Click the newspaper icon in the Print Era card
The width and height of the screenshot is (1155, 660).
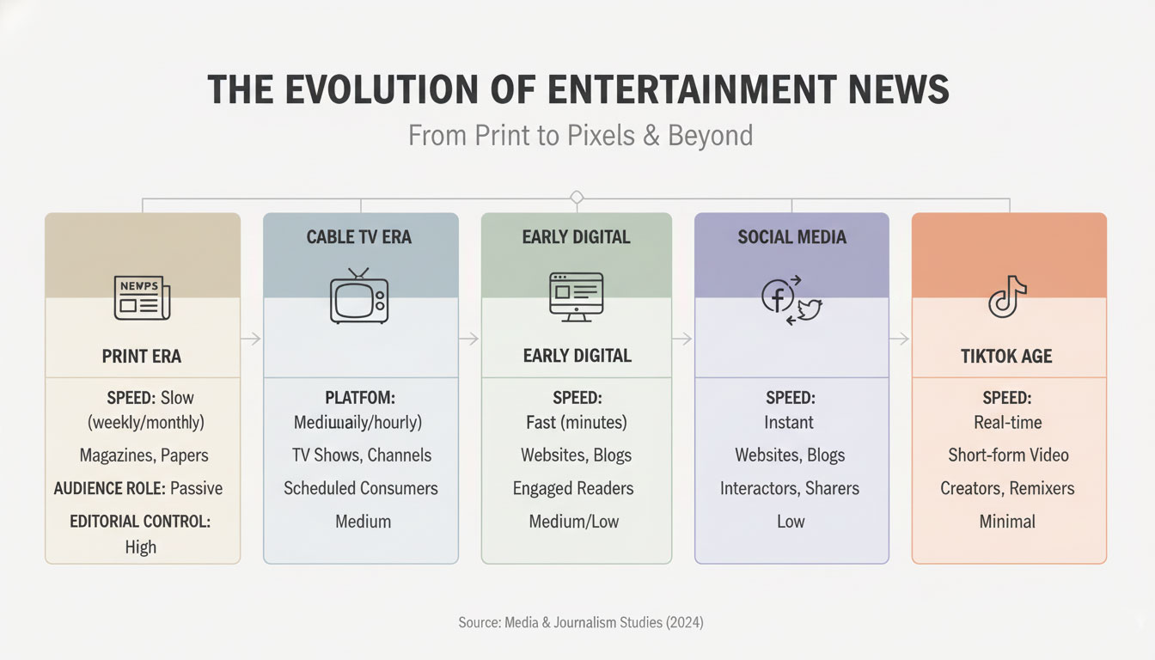[x=142, y=297]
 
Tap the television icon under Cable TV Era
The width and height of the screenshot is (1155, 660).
[x=359, y=296]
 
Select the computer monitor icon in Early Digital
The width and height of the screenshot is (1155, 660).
[x=576, y=296]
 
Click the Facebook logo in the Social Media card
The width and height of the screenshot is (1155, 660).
[x=778, y=296]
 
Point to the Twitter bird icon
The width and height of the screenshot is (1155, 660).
[x=809, y=310]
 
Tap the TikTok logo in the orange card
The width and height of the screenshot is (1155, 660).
[x=1008, y=296]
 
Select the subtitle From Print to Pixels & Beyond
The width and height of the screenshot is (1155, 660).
[x=580, y=135]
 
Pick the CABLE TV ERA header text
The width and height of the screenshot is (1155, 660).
[x=359, y=237]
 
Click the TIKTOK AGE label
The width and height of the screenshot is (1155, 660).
[x=1006, y=356]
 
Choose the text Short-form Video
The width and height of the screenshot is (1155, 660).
[x=1007, y=455]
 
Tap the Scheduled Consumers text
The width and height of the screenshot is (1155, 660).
[x=361, y=488]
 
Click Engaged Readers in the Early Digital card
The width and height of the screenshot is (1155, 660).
[x=573, y=488]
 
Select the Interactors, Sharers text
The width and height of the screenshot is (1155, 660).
[x=790, y=488]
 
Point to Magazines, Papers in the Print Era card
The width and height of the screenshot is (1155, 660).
[x=144, y=455]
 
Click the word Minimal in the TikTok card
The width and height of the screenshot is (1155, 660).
[x=1007, y=521]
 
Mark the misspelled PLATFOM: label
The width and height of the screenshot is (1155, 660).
[x=358, y=399]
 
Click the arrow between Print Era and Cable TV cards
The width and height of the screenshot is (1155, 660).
[x=251, y=340]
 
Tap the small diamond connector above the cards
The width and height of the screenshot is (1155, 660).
[x=577, y=198]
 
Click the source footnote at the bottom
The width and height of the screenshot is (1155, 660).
[x=580, y=622]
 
